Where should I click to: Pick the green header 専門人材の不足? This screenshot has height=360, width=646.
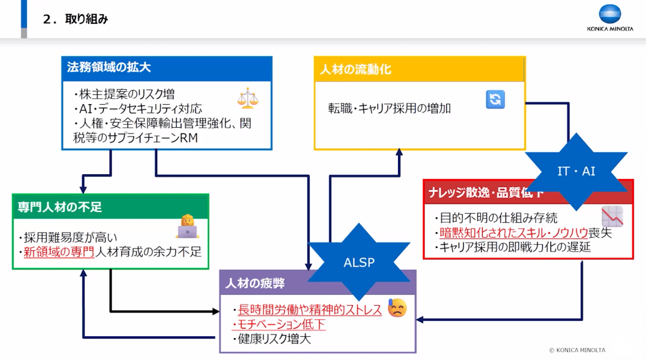pos(60,207)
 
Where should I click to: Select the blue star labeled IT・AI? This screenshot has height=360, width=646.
pos(576,171)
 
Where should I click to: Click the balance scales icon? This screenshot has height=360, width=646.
pos(248,97)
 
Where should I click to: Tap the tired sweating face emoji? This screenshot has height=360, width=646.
pos(396,308)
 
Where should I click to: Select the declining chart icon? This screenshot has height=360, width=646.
pos(611,216)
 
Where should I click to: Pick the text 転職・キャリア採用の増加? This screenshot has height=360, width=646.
pos(389,108)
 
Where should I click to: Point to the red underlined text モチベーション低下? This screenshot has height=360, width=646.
pos(279,324)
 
